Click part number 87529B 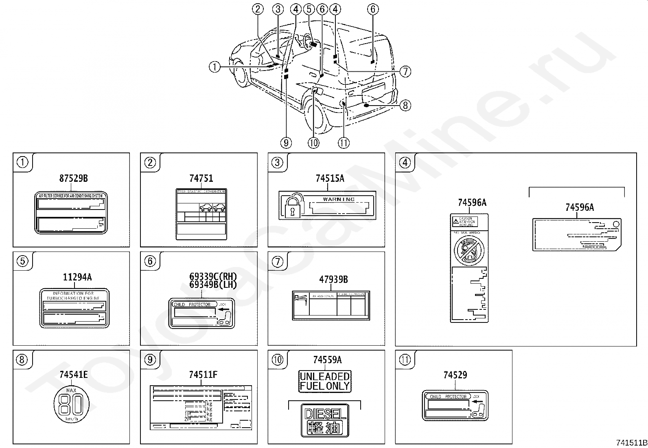(73, 178)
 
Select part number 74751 (201, 178)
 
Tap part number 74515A (330, 178)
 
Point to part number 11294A (77, 277)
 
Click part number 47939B (333, 280)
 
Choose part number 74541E (73, 374)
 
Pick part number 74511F (203, 374)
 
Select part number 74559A (327, 360)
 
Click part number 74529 (455, 375)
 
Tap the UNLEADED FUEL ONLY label (325, 382)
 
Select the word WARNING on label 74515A (339, 199)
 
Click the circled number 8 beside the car (405, 106)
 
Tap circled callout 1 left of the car (215, 66)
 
